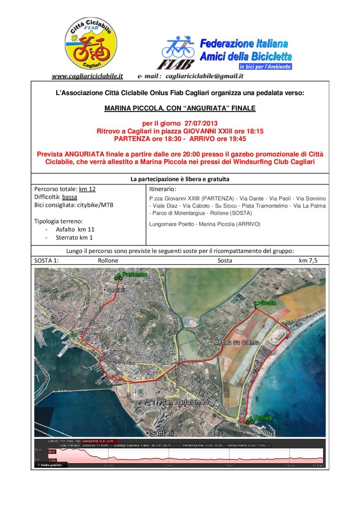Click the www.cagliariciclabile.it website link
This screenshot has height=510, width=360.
pyautogui.click(x=87, y=76)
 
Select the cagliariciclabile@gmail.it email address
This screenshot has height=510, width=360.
pyautogui.click(x=204, y=76)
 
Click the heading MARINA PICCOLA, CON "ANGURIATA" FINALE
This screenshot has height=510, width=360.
pyautogui.click(x=180, y=107)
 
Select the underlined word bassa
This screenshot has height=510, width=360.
pyautogui.click(x=77, y=197)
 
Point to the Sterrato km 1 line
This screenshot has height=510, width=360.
pyautogui.click(x=72, y=237)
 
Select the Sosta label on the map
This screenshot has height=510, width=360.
pyautogui.click(x=268, y=302)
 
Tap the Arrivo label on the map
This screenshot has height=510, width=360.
pyautogui.click(x=262, y=418)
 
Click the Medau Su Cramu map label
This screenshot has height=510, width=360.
pyautogui.click(x=231, y=342)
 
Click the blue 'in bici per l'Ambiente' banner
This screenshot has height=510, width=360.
pyautogui.click(x=265, y=66)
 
